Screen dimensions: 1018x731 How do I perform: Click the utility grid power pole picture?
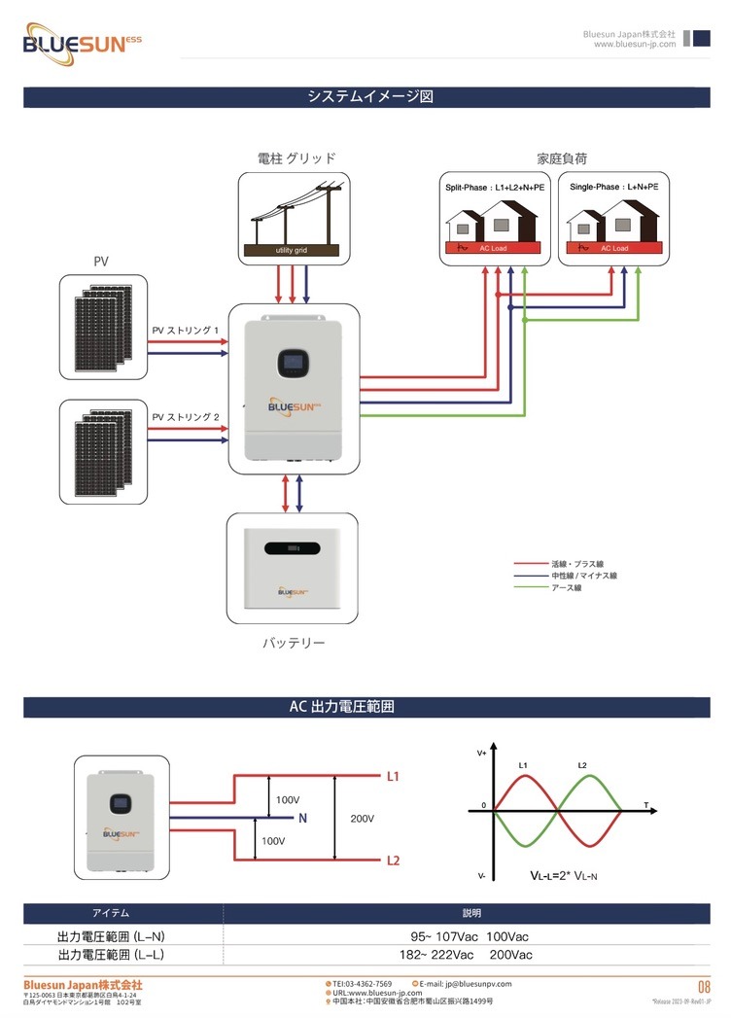[x=294, y=219]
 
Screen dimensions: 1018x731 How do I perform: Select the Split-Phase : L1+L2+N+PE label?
[x=495, y=186]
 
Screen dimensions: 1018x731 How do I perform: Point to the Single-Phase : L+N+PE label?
[x=613, y=186]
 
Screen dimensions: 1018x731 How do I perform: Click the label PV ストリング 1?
[x=186, y=331]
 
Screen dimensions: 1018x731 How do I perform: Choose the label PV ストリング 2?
[x=186, y=417]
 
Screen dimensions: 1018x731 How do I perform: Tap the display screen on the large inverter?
[x=293, y=363]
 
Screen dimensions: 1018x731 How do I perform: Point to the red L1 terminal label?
[x=393, y=777]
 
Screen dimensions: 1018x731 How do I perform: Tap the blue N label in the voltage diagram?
[x=303, y=819]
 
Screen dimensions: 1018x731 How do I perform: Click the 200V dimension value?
[x=362, y=819]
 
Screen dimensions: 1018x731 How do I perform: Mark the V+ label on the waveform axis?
[x=482, y=754]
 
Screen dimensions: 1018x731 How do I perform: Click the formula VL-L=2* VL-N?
[x=564, y=876]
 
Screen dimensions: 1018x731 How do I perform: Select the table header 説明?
[x=471, y=914]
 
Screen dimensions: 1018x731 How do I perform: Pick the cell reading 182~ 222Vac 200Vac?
[x=471, y=955]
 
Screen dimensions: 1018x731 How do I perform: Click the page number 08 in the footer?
[x=704, y=988]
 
